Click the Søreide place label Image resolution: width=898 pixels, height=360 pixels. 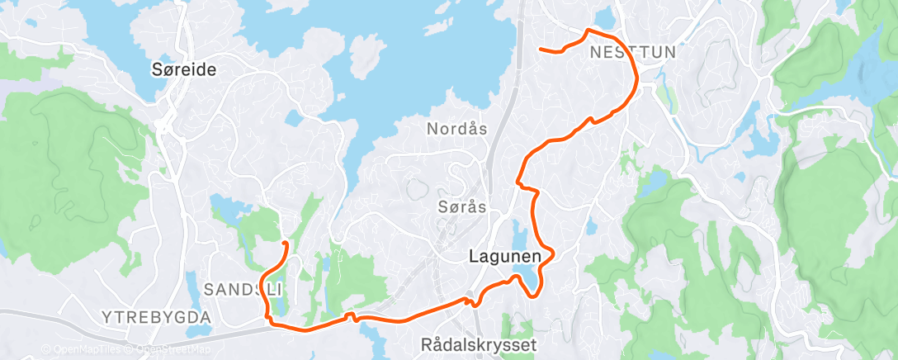tap(184, 70)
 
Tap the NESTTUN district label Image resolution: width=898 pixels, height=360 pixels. tap(633, 52)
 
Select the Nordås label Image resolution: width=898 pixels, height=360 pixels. tap(456, 129)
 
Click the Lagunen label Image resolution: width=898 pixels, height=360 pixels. tap(504, 257)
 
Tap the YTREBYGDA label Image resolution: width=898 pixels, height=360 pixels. tap(157, 316)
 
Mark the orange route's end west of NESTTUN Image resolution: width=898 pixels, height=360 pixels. tap(540, 50)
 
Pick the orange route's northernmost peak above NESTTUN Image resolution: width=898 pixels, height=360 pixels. tap(588, 31)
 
